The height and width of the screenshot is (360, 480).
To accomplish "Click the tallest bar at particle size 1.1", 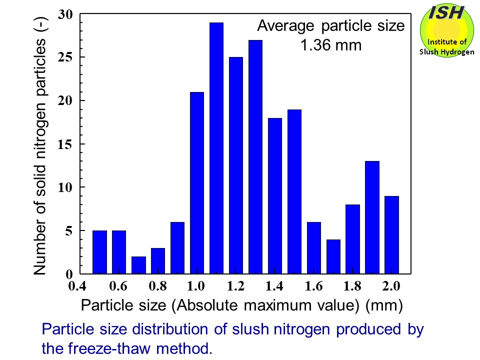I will [216, 148].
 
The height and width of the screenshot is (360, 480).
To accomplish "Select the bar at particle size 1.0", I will [197, 183].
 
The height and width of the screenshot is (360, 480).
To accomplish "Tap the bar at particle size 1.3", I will [255, 157].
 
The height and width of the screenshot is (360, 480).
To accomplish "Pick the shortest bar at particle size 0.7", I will [138, 265].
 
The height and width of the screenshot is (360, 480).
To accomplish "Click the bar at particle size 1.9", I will [372, 217].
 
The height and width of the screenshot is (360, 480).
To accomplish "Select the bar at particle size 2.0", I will [391, 235].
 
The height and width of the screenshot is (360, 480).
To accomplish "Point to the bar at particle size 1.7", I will [333, 256].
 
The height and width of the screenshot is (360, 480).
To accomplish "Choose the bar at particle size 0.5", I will [99, 252].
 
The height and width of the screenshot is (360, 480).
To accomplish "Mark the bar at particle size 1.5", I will [294, 191].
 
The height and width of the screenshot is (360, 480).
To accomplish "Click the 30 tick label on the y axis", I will [65, 14].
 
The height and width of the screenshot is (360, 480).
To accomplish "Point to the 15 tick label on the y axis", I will [65, 144].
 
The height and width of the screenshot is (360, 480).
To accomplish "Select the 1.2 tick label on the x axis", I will [236, 286].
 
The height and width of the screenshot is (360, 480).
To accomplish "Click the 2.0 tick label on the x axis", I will [391, 286].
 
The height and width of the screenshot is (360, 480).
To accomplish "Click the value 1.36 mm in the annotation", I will [330, 45].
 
